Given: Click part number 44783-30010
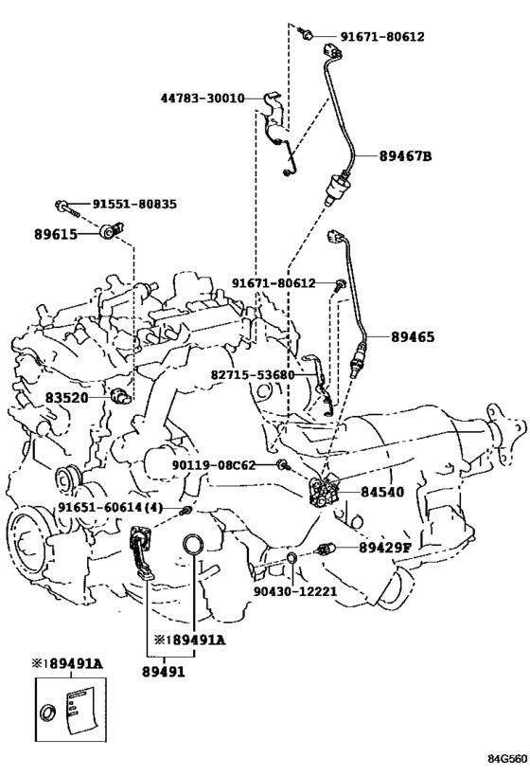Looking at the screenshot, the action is [x=203, y=99].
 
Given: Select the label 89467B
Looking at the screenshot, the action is [x=405, y=156].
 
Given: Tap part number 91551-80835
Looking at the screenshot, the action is [x=134, y=204].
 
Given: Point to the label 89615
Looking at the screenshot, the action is [x=56, y=234].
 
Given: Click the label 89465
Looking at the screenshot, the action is [x=413, y=337].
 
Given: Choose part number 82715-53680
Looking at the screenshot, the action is [x=252, y=374].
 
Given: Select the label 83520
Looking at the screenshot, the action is [x=67, y=397].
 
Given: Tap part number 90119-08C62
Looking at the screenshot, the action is [x=214, y=465].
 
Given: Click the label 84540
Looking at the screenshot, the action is [x=382, y=492].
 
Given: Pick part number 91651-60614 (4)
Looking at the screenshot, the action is [x=110, y=508].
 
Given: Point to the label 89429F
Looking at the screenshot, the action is [x=384, y=548].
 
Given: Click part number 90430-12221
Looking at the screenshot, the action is [x=295, y=591].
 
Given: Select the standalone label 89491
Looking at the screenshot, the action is [x=163, y=672].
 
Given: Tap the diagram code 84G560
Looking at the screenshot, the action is [x=507, y=759].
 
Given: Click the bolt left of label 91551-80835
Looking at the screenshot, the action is [x=67, y=208].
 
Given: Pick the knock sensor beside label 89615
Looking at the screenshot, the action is [x=113, y=231].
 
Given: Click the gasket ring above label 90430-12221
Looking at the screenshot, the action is [x=291, y=559].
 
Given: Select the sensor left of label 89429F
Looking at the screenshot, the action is [x=327, y=549].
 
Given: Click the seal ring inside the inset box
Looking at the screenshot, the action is [x=48, y=713].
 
